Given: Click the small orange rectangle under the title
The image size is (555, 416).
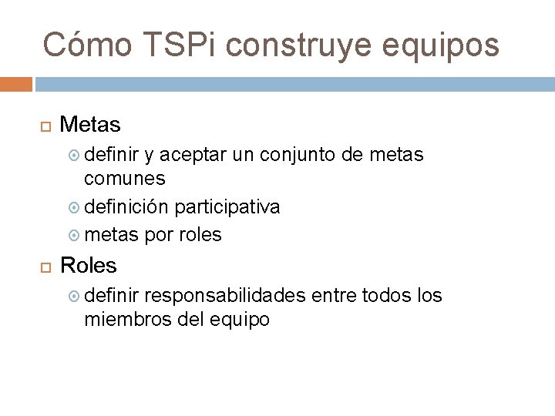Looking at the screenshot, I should click(x=15, y=84).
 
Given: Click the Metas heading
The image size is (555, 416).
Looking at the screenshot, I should click(x=90, y=124).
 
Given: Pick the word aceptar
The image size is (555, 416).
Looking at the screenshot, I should click(x=195, y=156).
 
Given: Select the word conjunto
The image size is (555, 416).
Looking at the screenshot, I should click(x=298, y=156).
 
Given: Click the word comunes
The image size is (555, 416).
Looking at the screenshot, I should click(x=124, y=179).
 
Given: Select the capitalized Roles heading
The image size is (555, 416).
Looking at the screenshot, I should click(x=89, y=266).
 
